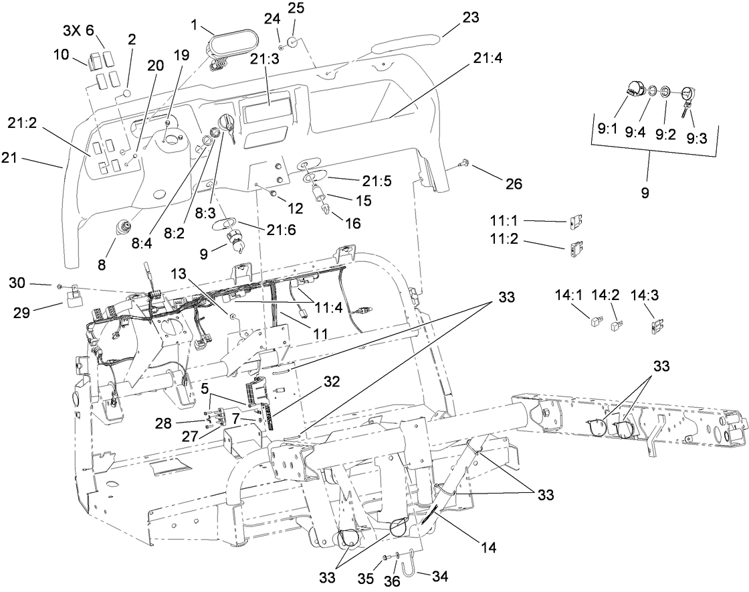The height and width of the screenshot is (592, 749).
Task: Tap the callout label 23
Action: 471,18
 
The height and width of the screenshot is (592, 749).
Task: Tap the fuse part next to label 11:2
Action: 575,248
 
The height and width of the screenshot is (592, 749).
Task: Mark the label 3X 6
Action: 78,31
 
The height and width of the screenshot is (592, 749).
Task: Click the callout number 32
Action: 332,382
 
